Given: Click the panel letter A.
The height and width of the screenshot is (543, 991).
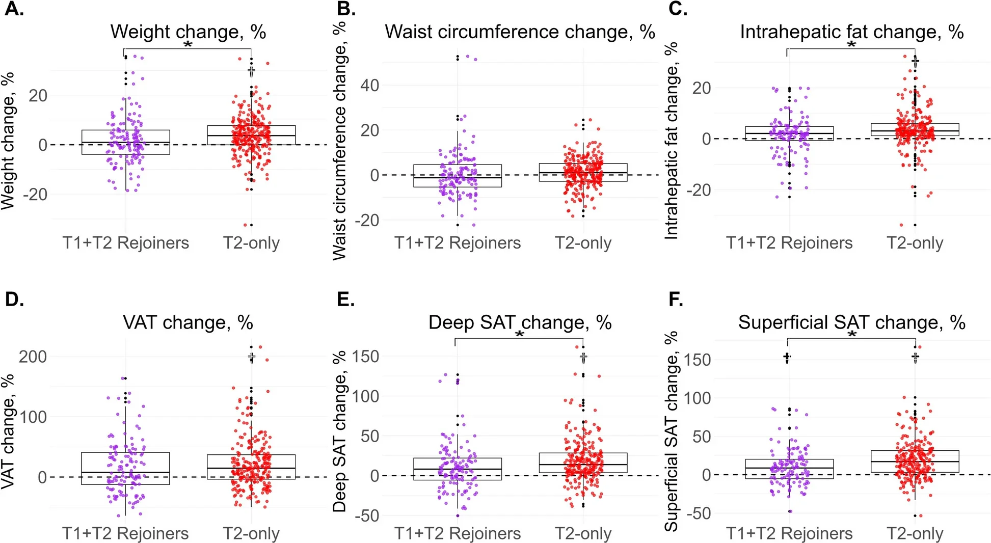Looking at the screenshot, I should [x=14, y=9].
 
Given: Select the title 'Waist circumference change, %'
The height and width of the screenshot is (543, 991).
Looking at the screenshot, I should [x=519, y=32].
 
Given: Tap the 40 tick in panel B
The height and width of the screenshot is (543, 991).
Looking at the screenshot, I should [x=370, y=86].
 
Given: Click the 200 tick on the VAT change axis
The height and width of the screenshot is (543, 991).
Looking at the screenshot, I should [x=33, y=357].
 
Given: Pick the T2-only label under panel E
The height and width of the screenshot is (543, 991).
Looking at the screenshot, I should [x=583, y=533].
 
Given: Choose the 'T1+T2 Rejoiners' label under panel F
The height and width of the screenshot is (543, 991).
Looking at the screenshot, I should [x=789, y=533].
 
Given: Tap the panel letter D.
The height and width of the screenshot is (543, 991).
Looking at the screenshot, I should [x=14, y=300].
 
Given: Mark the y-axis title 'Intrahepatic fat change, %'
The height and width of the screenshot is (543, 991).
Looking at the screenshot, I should [x=672, y=140].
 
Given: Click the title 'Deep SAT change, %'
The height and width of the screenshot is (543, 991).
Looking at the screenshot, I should [x=520, y=322].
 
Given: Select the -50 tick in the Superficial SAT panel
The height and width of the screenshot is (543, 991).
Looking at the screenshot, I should [x=698, y=513].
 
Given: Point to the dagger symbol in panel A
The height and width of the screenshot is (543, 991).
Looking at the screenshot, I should [x=251, y=71].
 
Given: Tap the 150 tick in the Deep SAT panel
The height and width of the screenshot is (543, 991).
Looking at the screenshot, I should [x=366, y=357].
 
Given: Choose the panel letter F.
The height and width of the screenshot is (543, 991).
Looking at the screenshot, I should [x=676, y=300].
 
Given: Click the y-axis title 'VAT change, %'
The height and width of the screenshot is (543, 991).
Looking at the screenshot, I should [x=8, y=432].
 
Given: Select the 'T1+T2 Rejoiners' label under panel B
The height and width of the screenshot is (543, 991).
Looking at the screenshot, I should [x=457, y=243].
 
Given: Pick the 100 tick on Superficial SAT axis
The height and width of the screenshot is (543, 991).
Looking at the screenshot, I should [x=697, y=398].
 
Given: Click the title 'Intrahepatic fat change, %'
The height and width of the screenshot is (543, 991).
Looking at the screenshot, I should [x=851, y=32].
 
